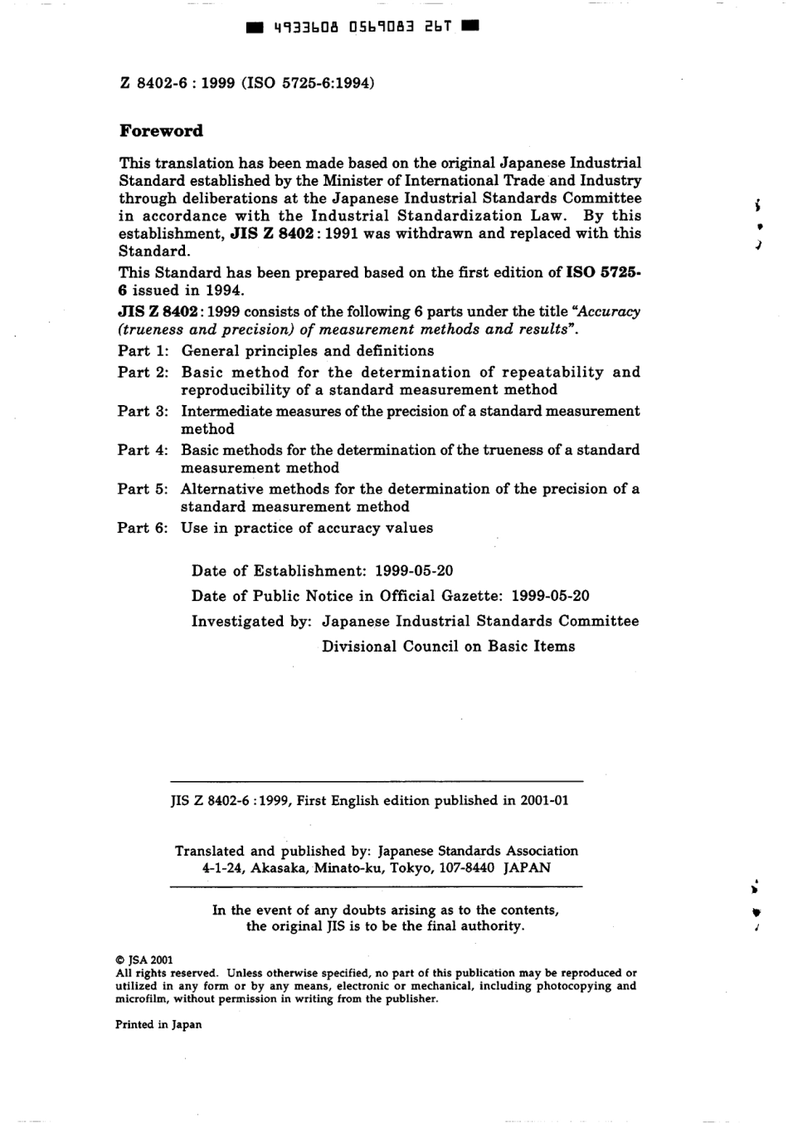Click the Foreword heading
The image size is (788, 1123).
click(161, 131)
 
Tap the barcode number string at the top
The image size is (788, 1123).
click(362, 27)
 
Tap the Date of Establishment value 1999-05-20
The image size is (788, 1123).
click(414, 571)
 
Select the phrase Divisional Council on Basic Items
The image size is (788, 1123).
click(448, 647)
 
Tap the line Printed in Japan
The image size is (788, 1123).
click(158, 1024)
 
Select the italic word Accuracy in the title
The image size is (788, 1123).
click(609, 312)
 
